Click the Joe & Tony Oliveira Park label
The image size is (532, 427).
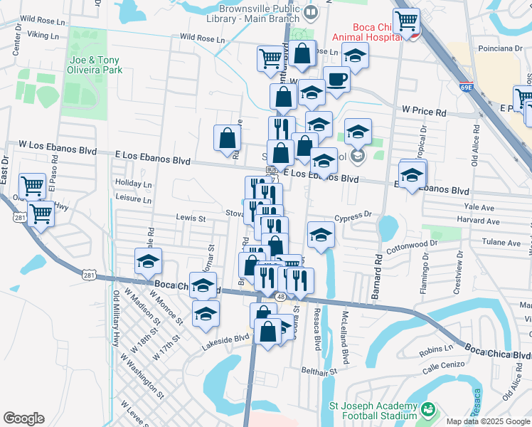(95, 65)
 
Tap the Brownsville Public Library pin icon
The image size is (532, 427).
(311, 12)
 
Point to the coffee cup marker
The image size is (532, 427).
(336, 80)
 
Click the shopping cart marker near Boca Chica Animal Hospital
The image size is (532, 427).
(407, 21)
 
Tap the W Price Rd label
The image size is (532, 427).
(424, 112)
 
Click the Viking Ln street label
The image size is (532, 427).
(43, 34)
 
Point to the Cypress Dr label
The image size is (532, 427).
(353, 214)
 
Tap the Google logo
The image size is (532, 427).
(23, 418)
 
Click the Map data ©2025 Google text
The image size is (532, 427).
(486, 421)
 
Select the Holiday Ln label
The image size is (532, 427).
(134, 184)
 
